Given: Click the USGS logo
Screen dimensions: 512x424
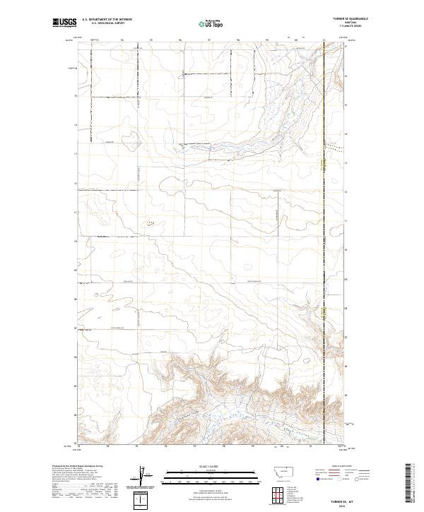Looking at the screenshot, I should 64,23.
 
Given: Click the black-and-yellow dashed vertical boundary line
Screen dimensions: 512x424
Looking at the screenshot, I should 324,212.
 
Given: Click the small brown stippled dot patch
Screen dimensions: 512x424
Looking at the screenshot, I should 149,223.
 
